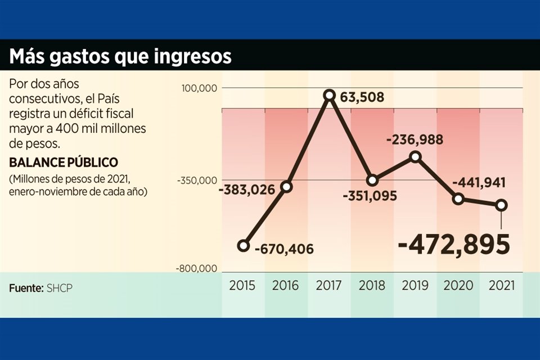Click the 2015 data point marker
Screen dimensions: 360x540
tap(243, 245)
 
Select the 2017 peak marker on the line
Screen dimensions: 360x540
tap(329, 96)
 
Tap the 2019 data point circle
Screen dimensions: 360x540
tap(415, 157)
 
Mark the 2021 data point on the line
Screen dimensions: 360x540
tap(501, 205)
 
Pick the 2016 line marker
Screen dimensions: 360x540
tap(286, 186)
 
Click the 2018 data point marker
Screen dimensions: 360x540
tap(372, 181)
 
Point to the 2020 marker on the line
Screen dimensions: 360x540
tap(458, 199)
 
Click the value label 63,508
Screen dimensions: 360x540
tap(362, 98)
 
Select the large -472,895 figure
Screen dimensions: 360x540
tap(454, 245)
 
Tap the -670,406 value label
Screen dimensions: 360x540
tap(284, 249)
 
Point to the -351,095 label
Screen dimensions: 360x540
tap(370, 196)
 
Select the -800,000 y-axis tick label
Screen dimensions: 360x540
tap(196, 269)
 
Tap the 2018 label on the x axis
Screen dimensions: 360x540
tap(372, 285)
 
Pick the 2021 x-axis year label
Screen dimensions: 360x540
tap(501, 285)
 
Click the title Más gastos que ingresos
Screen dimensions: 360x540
tap(120, 56)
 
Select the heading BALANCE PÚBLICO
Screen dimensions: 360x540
tap(64, 162)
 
